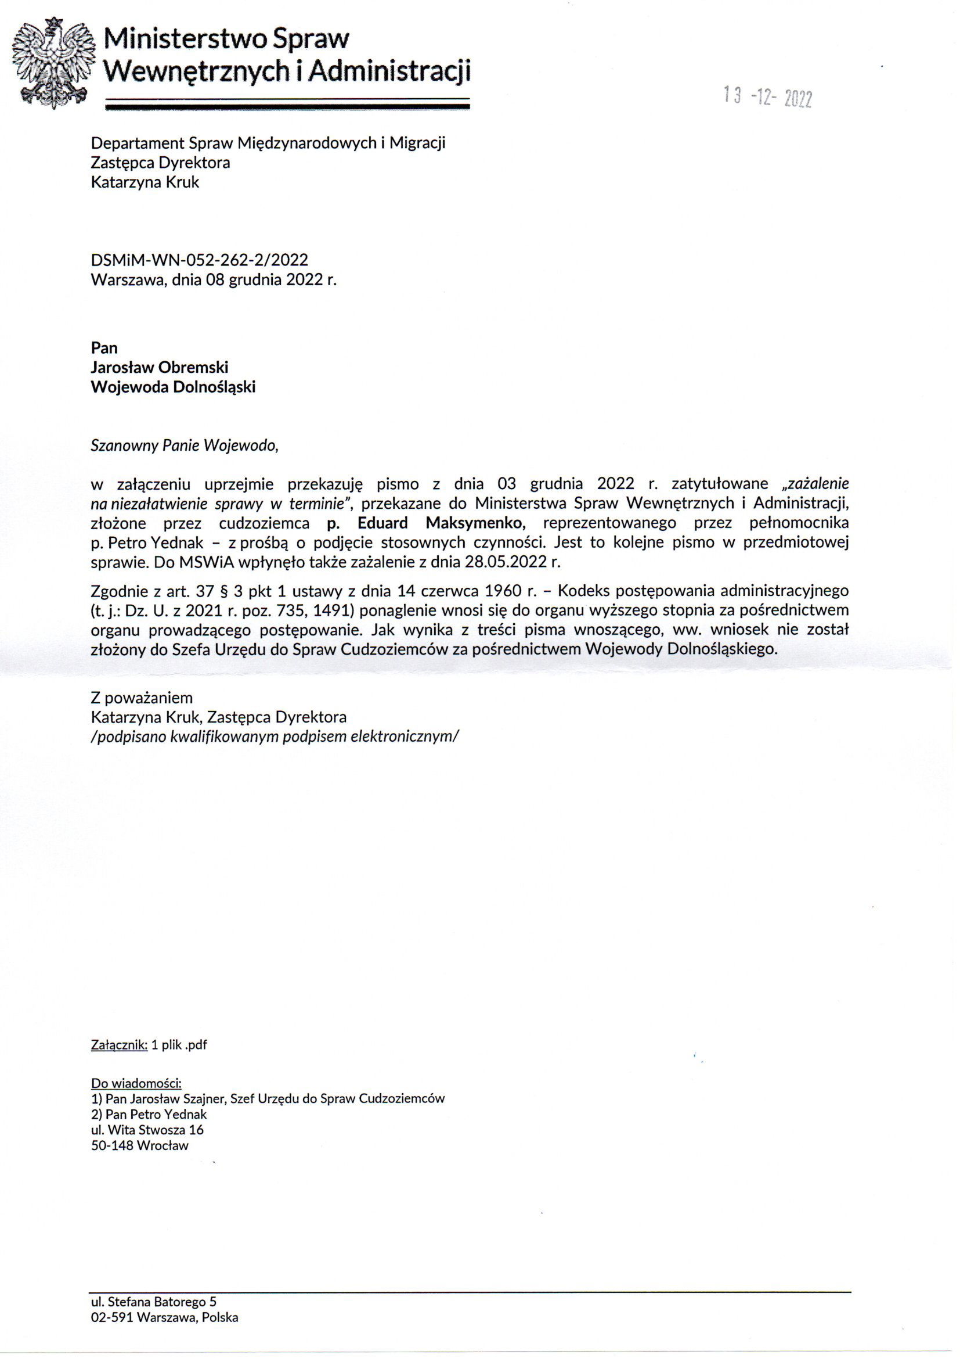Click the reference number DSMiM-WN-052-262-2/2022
[199, 260]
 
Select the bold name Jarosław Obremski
[160, 367]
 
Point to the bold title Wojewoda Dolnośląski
[173, 387]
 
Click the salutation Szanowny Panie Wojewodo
[184, 446]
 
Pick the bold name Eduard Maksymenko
[441, 523]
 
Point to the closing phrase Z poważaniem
[142, 698]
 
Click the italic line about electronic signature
[275, 737]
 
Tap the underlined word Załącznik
[119, 1044]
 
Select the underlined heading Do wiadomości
[136, 1083]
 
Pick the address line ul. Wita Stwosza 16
[147, 1130]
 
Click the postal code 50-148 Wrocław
[139, 1145]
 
